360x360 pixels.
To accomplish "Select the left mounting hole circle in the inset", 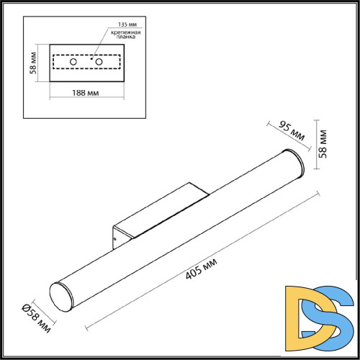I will [x=74, y=63].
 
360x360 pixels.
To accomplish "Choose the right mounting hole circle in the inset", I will [x=99, y=63].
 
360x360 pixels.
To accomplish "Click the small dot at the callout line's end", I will [x=93, y=57].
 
